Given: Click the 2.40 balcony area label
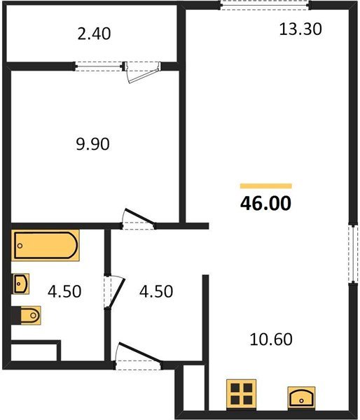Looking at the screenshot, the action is tap(94, 34).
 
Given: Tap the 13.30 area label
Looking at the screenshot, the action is tap(300, 29).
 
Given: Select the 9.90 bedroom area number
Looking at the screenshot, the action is tap(92, 144).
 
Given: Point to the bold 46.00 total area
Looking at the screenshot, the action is tap(265, 204).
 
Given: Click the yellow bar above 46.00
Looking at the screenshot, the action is tap(266, 186).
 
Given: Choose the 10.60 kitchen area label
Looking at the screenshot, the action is tap(271, 339).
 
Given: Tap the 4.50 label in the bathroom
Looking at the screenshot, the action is tap(64, 291).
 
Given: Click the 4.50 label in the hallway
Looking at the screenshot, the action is tap(156, 291).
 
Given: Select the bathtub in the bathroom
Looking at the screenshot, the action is tap(46, 246).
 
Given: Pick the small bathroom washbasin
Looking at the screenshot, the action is tap(21, 283).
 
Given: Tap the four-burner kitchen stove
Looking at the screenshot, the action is tap(241, 395).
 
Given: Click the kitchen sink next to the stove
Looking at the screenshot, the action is tap(301, 398).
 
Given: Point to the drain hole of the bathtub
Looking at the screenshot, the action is tap(20, 246).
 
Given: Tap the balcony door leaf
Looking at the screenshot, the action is tap(144, 74).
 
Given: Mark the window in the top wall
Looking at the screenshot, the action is tap(265, 6).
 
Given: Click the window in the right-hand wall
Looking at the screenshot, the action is tap(353, 254).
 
